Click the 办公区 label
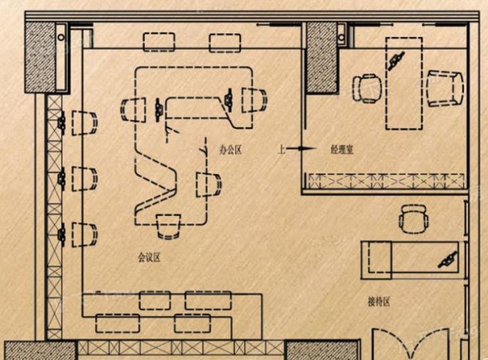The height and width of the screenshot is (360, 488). point(230,150)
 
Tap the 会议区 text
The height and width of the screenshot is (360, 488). point(149,258)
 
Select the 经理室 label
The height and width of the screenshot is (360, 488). point(342,150)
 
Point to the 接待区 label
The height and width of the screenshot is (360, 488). point(379,302)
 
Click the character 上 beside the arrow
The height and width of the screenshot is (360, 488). point(282,149)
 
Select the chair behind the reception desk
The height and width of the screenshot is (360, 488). point(413,219)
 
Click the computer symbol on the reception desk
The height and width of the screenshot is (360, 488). point(448,260)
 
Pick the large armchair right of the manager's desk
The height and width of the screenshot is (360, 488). point(445,89)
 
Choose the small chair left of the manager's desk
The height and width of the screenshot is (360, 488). point(367,88)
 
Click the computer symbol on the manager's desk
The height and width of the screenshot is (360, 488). point(396,60)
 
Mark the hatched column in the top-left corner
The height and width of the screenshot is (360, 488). point(40,58)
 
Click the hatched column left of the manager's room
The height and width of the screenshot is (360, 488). point(322,58)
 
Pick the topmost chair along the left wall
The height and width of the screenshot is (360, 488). point(85,123)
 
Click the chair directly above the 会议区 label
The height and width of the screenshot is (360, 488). point(168,227)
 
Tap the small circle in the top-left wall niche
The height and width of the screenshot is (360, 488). point(61,38)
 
